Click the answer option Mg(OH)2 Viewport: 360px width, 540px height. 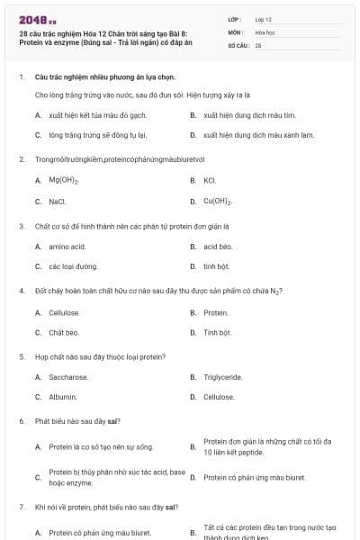(64, 181)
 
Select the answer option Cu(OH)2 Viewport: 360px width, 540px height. (219, 202)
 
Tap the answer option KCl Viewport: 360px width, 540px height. (210, 181)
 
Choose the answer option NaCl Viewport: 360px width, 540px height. (58, 202)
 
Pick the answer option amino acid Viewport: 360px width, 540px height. (67, 246)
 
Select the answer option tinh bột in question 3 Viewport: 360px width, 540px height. (216, 266)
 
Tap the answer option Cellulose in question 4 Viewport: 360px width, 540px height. (64, 312)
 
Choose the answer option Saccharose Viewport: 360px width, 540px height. (68, 377)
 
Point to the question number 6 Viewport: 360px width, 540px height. (22, 421)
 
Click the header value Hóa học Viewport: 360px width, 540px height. (265, 31)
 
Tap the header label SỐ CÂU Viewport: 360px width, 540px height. (238, 44)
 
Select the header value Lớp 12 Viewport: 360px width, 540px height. (263, 19)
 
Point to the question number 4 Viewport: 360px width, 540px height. (22, 292)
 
